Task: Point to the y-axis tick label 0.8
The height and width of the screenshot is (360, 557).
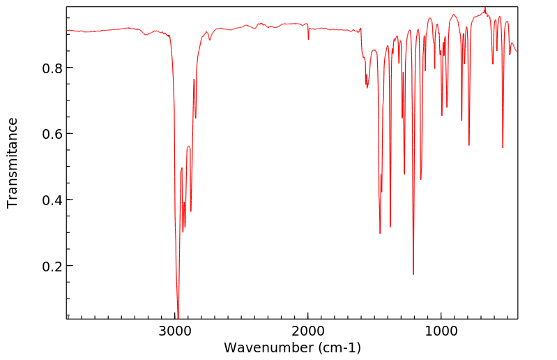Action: coord(51,68)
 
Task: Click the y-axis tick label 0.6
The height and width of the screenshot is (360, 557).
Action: coord(51,134)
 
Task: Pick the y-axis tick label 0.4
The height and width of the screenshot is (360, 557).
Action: coord(51,200)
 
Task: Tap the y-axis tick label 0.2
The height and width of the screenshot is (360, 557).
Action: coord(51,267)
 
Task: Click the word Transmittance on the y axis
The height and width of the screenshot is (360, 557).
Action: coord(13,163)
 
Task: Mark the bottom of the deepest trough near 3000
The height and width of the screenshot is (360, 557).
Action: coord(178,317)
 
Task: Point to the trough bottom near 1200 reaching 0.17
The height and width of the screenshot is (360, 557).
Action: coord(413,274)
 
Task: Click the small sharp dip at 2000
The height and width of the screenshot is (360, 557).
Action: coord(308,39)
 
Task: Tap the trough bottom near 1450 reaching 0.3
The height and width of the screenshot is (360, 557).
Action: coord(380,233)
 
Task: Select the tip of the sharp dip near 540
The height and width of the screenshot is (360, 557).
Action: coord(503,147)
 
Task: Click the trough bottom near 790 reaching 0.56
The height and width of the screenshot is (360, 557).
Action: coord(469,145)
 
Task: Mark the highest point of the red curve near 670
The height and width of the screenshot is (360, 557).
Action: coord(485,9)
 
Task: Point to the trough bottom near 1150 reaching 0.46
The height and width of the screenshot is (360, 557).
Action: coord(421,179)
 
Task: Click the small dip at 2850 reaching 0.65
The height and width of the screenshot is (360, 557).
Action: coord(195,117)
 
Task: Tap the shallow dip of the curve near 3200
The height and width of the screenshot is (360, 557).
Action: coord(146,34)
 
